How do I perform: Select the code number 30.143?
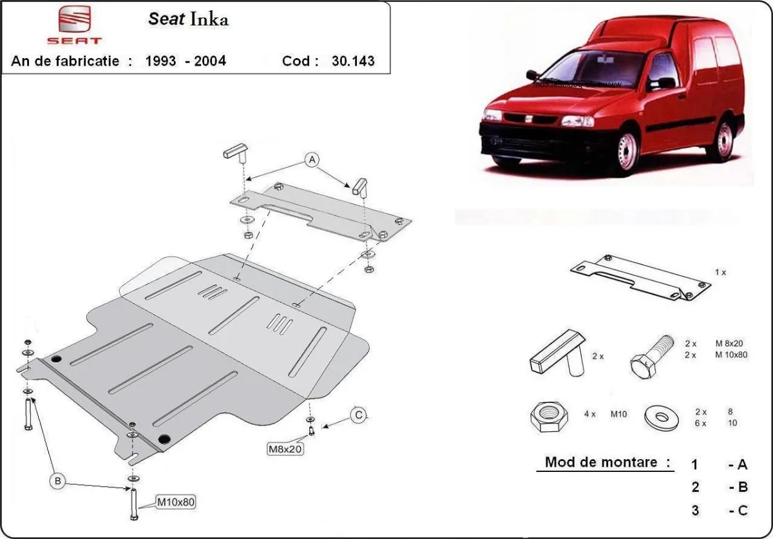(352, 61)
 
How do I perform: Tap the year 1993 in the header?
(161, 61)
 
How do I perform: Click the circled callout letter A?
(312, 159)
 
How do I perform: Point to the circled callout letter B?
(57, 480)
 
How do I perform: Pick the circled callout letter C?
(359, 415)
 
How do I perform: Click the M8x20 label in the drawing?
(285, 448)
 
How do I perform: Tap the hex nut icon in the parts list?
(548, 418)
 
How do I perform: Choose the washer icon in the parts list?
(661, 418)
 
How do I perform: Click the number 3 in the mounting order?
(694, 511)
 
